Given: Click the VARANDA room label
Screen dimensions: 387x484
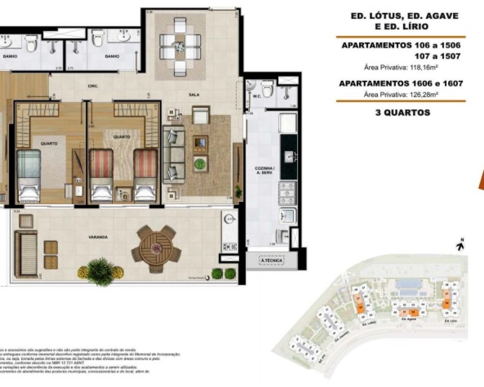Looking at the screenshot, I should pos(98,237).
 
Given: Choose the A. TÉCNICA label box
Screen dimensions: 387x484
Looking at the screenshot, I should pos(272,261).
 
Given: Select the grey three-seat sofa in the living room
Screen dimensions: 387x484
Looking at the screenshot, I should pos(173,152).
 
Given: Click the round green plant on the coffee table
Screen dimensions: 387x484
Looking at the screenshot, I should pos(200,164).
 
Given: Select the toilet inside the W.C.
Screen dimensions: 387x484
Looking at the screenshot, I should pos(267,89).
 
